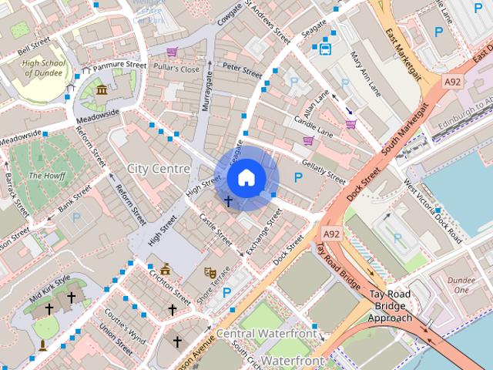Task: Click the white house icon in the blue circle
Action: click(x=246, y=178)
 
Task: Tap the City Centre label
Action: click(x=159, y=168)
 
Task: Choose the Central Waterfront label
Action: click(x=266, y=334)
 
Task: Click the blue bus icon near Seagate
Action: click(x=325, y=50)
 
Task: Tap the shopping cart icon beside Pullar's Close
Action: click(x=172, y=52)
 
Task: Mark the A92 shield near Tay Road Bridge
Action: click(x=332, y=233)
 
